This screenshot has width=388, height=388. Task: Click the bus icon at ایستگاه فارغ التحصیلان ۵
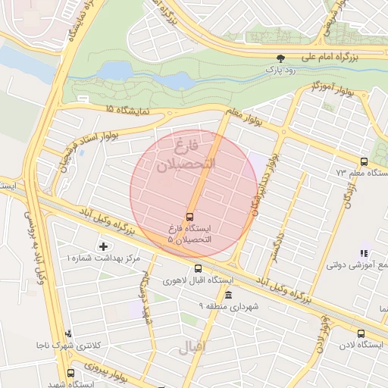click(x=189, y=215)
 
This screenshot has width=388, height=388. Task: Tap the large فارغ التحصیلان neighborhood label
click(x=186, y=155)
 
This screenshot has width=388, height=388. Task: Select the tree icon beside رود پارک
click(x=281, y=58)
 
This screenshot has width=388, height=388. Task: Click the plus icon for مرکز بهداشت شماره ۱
click(x=104, y=246)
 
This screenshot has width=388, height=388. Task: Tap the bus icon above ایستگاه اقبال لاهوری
click(x=199, y=268)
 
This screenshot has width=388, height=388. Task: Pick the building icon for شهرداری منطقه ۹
click(x=229, y=294)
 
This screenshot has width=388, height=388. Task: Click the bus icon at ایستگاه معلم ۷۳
click(x=364, y=161)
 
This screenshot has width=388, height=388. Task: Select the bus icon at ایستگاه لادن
click(x=360, y=333)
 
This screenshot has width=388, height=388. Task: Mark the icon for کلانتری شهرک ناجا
click(x=69, y=333)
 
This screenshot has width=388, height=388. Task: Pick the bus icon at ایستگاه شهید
click(x=70, y=373)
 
